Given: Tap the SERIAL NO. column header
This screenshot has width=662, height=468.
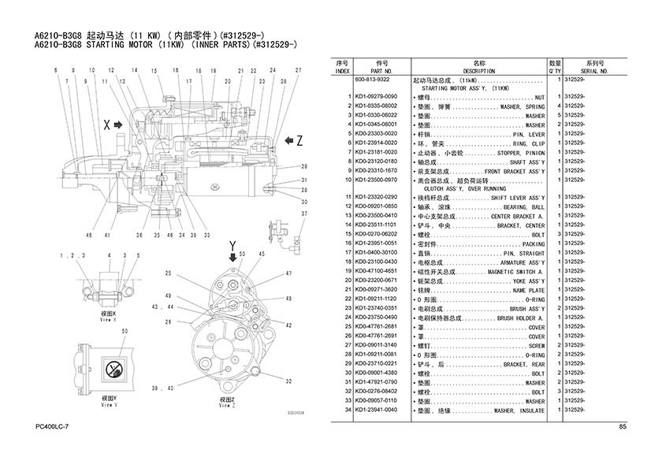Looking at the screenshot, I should pos(595,71).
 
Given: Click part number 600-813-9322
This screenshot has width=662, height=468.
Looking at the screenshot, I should pos(373,80).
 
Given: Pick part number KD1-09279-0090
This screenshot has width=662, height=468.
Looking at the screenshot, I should pos(376,96).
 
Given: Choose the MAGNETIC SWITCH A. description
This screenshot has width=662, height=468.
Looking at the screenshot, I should pos(516,271).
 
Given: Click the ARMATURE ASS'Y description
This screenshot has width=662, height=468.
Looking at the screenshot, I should pos(518,262).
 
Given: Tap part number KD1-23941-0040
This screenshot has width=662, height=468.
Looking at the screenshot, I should pos(376,410).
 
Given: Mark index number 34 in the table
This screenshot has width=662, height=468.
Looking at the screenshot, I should pos(347,410).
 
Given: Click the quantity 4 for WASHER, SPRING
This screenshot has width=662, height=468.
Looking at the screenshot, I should pos(558,106).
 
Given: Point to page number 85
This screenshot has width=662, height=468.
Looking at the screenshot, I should pos(623,427).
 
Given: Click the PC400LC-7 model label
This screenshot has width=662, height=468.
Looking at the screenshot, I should pos(53,426).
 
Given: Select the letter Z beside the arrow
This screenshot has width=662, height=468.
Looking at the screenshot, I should pos(299,139).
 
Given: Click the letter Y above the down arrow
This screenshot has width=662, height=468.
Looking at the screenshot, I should pos(232,247).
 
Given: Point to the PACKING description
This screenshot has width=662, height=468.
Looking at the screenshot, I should pos(534,243).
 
